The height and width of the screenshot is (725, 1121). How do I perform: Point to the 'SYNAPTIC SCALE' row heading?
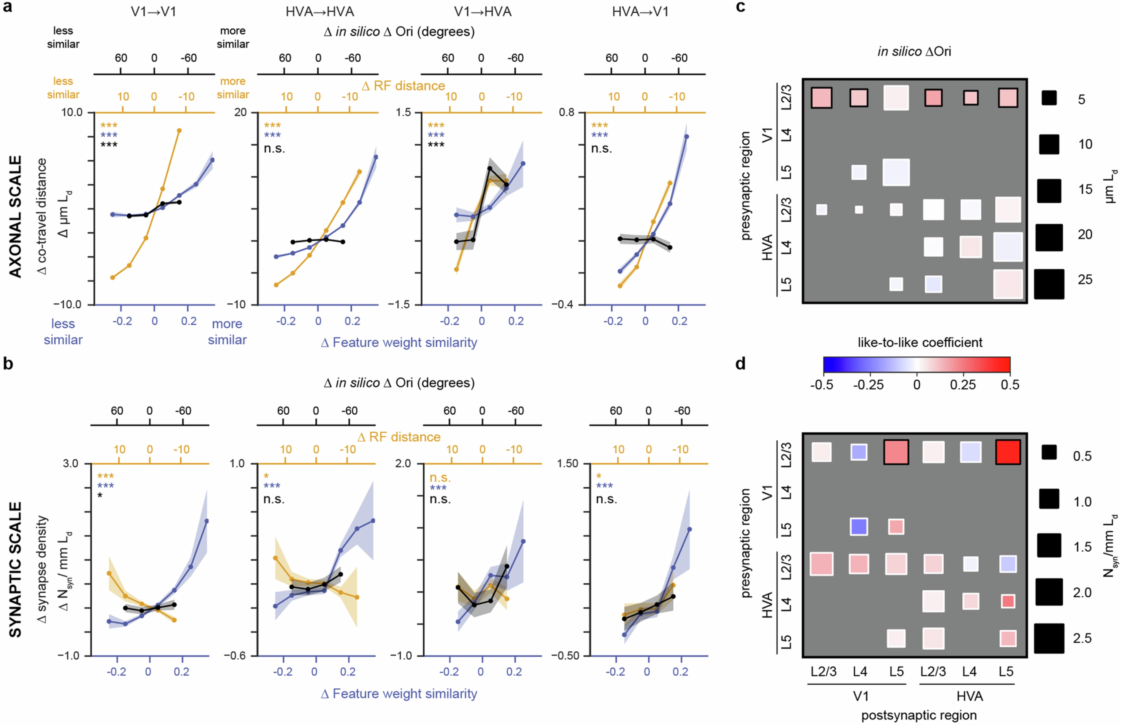tap(15, 570)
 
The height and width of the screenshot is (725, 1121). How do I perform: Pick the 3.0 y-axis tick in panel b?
tap(71, 464)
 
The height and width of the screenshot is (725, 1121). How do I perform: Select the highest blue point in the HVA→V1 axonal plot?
tap(686, 137)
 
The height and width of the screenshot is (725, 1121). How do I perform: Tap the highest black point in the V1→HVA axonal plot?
tap(489, 168)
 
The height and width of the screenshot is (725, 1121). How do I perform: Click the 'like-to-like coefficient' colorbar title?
tap(919, 342)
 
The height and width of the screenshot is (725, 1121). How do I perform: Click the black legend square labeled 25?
tap(1049, 284)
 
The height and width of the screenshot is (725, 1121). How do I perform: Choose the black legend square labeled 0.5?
tap(1049, 452)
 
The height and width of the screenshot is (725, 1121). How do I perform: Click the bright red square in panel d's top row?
tap(1008, 452)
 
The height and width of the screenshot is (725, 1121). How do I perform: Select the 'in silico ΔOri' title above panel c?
tap(914, 51)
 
